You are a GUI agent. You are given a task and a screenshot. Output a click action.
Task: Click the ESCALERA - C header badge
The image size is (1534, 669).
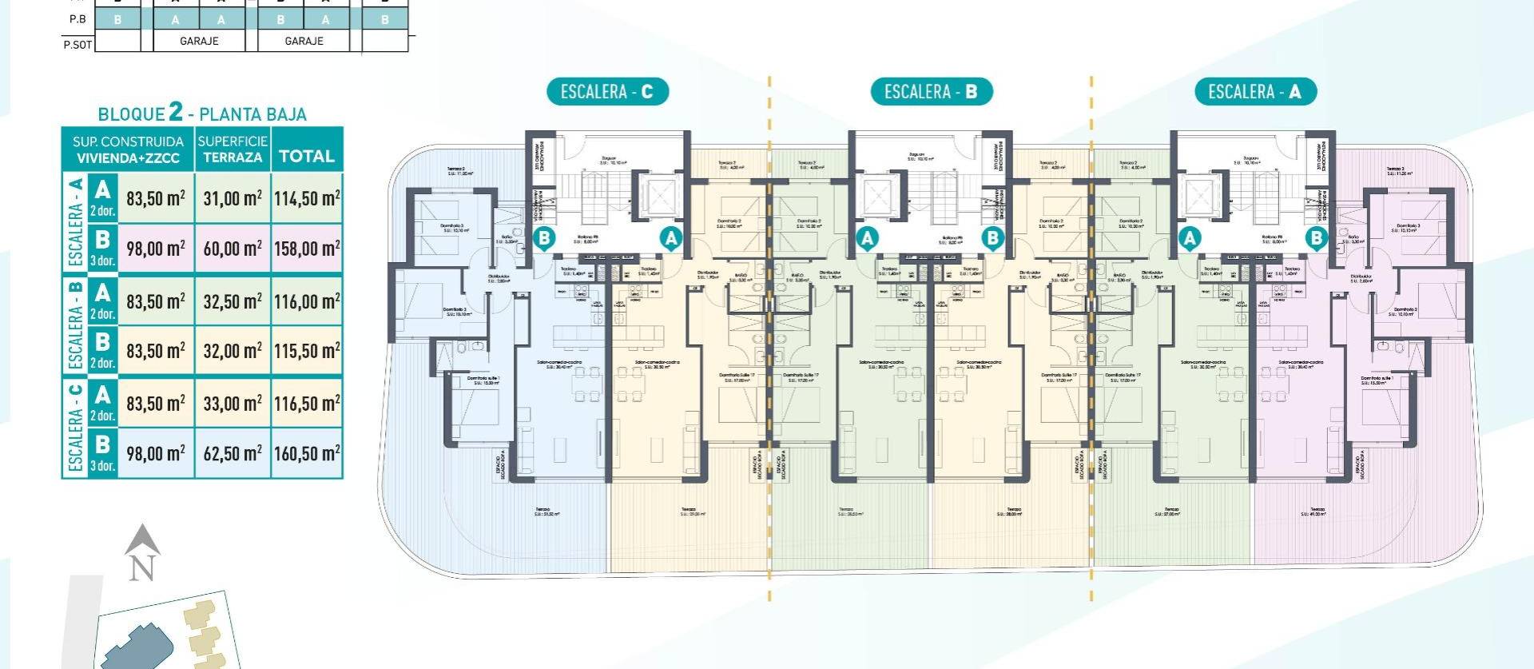[606, 92]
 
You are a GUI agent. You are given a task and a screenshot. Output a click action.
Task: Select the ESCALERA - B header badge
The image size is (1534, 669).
[931, 92]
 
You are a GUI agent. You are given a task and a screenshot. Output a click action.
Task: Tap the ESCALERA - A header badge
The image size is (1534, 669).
[1254, 92]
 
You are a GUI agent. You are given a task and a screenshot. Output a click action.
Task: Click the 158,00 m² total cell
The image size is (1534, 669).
[307, 249]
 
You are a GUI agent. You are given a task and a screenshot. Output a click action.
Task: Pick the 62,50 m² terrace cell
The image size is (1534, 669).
[232, 453]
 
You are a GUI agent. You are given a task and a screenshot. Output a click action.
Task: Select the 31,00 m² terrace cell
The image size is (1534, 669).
[232, 198]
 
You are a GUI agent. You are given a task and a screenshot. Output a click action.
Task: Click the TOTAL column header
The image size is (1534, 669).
[307, 156]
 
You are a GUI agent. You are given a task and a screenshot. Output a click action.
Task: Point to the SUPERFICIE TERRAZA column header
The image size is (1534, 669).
[232, 149]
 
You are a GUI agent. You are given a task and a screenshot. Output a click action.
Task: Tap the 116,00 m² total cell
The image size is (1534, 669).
[307, 301]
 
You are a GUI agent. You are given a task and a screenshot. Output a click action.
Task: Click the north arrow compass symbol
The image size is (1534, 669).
[142, 552]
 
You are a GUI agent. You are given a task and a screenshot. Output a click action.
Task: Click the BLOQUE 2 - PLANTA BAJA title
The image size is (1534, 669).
[202, 113]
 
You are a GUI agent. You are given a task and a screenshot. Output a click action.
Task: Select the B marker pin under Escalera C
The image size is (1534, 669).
[544, 237]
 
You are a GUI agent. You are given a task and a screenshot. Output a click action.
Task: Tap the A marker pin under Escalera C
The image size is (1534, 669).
[670, 237]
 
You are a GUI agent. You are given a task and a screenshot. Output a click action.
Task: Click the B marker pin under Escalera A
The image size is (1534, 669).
[1315, 237]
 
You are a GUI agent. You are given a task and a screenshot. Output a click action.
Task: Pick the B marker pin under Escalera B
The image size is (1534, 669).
[992, 237]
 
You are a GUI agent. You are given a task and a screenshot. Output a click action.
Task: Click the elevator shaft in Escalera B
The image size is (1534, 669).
[876, 194]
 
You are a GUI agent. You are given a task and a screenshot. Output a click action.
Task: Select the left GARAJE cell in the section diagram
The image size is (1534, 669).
[199, 41]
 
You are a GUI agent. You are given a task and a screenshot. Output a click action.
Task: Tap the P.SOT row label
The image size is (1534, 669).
[77, 44]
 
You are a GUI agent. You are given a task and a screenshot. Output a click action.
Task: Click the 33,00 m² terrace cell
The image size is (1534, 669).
[232, 404]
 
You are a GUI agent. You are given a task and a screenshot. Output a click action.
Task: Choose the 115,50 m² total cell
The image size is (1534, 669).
[307, 351]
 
